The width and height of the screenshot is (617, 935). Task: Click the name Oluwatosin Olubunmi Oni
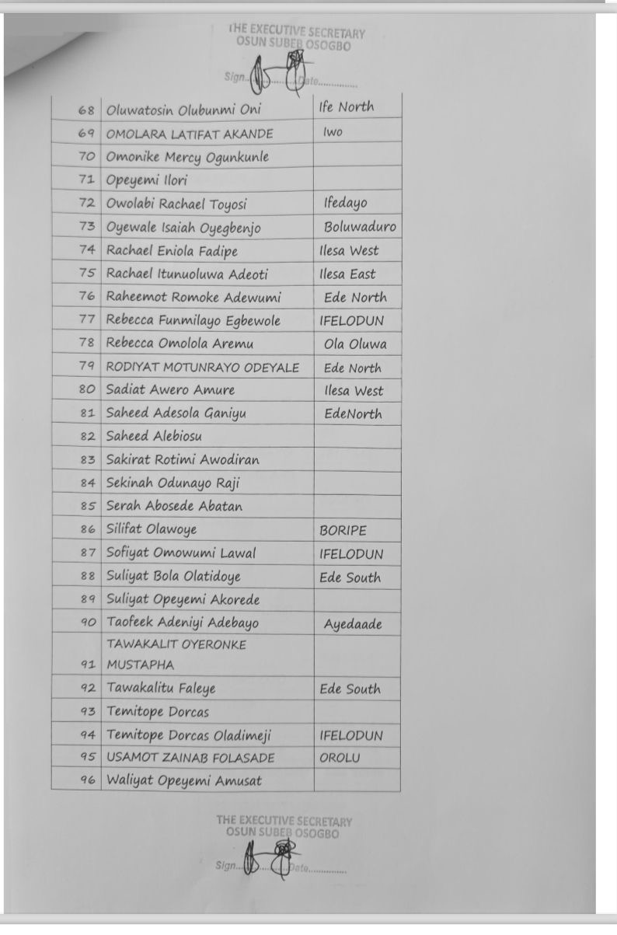[183, 110]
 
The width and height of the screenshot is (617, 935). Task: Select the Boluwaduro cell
[360, 227]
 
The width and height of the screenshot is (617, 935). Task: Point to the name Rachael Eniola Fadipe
[172, 250]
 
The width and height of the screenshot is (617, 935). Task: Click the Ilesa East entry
[347, 274]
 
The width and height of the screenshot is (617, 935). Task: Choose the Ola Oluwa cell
[355, 344]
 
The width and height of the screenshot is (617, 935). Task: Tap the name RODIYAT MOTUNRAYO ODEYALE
[202, 368]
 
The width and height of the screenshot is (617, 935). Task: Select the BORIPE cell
[343, 531]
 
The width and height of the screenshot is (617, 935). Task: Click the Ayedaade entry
[353, 623]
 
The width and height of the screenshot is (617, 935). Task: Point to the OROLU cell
[340, 758]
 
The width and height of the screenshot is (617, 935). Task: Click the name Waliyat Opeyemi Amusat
[183, 780]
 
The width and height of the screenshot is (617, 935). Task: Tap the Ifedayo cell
[346, 204]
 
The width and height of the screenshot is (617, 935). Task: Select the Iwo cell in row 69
[333, 133]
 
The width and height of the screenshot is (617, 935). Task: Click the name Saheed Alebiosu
[154, 436]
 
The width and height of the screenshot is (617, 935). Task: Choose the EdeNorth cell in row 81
[353, 413]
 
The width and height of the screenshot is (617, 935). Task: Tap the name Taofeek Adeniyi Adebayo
[183, 623]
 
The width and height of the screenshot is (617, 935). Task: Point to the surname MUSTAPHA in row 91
[140, 665]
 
